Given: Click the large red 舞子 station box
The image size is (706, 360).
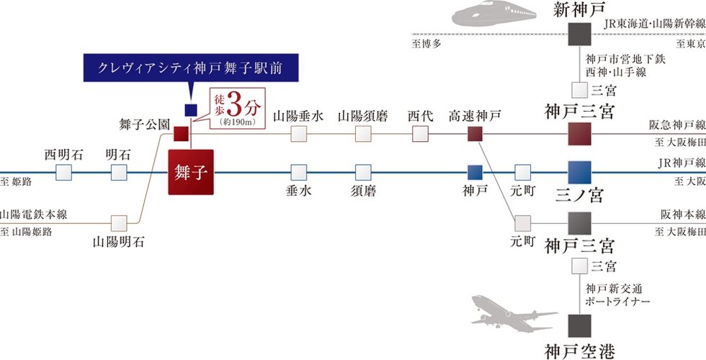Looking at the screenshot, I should [192, 172].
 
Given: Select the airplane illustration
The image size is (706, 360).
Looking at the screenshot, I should [513, 314].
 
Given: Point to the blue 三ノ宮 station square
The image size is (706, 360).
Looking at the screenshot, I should [579, 172].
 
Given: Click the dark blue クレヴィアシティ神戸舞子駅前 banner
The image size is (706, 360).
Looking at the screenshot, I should [190, 70].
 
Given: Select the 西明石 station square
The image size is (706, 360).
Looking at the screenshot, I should [63, 172].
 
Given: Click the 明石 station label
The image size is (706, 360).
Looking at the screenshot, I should [118, 154].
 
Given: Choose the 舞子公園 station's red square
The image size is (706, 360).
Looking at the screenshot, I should [181, 134].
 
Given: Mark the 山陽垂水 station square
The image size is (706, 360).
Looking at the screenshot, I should [298, 134].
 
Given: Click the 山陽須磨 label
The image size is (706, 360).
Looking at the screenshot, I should [362, 115].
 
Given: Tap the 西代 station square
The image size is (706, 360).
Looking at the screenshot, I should [421, 134].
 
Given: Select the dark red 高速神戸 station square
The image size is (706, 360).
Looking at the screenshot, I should [474, 134].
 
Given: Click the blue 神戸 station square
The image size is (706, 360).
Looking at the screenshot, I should [474, 172].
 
